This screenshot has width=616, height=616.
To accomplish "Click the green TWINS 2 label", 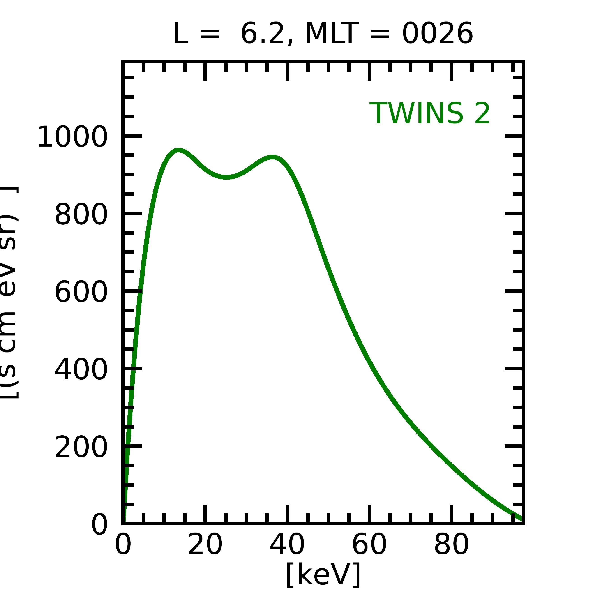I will pos(429,113).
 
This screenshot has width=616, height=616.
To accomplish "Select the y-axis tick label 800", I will pos(81,214).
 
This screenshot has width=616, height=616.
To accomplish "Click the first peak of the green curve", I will pos(179,150).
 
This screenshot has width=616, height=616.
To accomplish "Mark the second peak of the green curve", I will pos(273,157).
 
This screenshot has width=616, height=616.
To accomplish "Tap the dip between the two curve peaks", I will pos(226,177).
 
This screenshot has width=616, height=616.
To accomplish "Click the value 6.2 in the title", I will pos(262,34).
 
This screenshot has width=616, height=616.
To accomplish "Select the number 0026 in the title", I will pos(437,34).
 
